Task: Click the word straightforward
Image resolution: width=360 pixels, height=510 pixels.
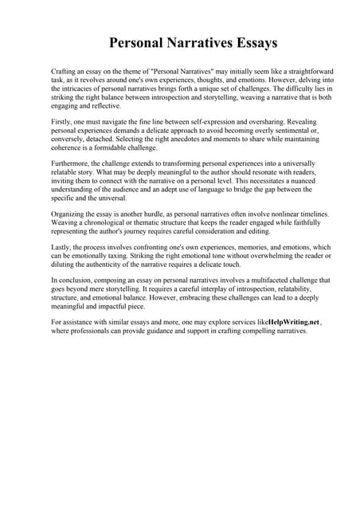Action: pyautogui.click(x=280, y=71)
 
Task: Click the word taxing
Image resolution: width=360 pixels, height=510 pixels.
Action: pyautogui.click(x=130, y=257)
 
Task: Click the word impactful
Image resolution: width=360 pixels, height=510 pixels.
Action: pyautogui.click(x=123, y=307)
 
